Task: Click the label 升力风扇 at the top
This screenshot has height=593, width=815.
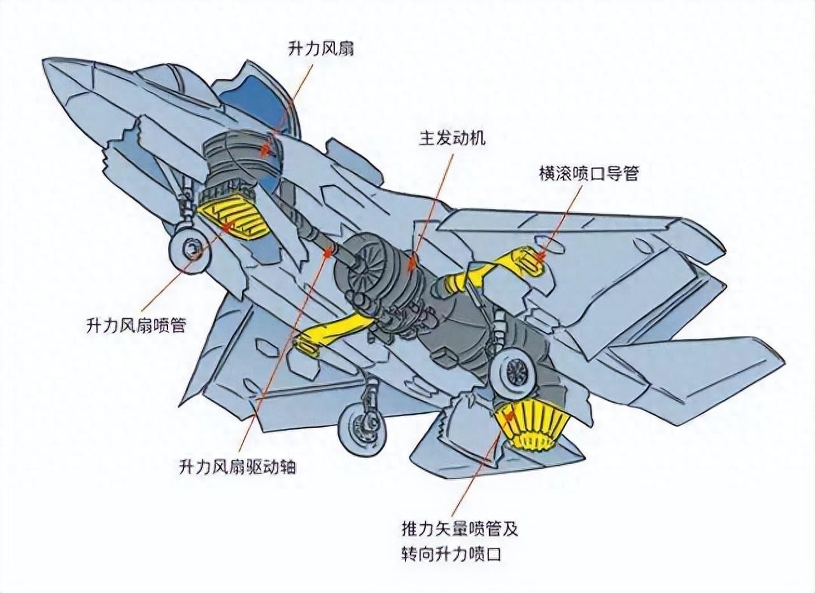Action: point(320,48)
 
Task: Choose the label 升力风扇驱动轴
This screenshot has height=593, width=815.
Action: point(237,468)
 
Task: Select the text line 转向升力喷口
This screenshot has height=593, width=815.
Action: point(451,554)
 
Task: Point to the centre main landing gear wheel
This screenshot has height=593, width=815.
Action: point(360,428)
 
